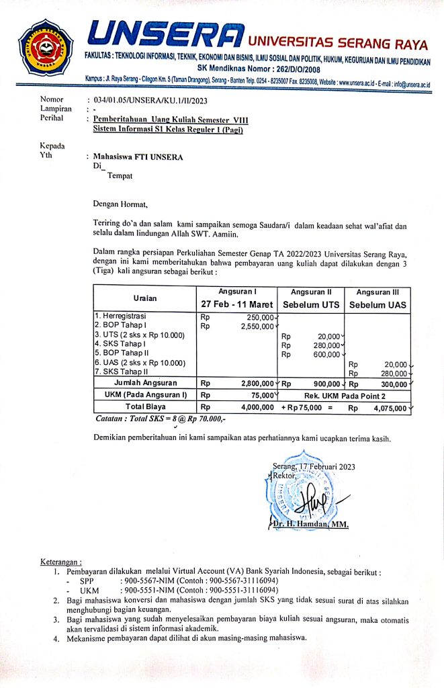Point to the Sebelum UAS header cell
pyautogui.click(x=377, y=304)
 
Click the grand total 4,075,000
pyautogui.click(x=390, y=407)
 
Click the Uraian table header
pyautogui.click(x=142, y=297)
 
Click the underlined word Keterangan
pyautogui.click(x=61, y=561)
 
